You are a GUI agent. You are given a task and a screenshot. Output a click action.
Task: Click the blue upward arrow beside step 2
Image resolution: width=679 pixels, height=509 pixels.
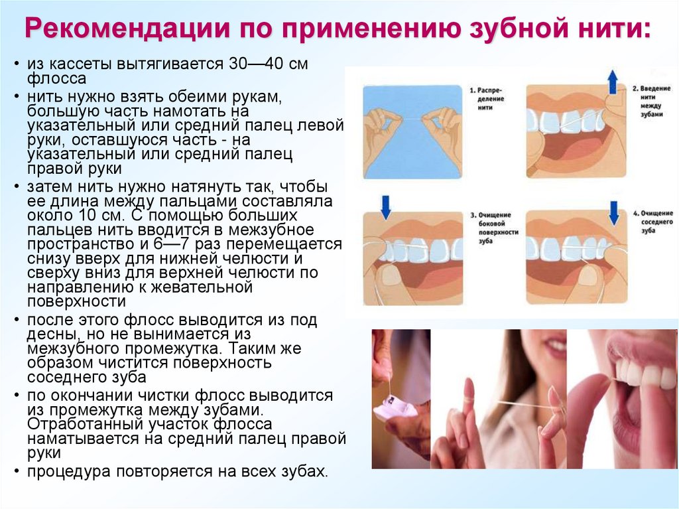(613, 82)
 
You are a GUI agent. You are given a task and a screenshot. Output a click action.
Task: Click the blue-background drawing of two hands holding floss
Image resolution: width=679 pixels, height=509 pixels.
(412, 131)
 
